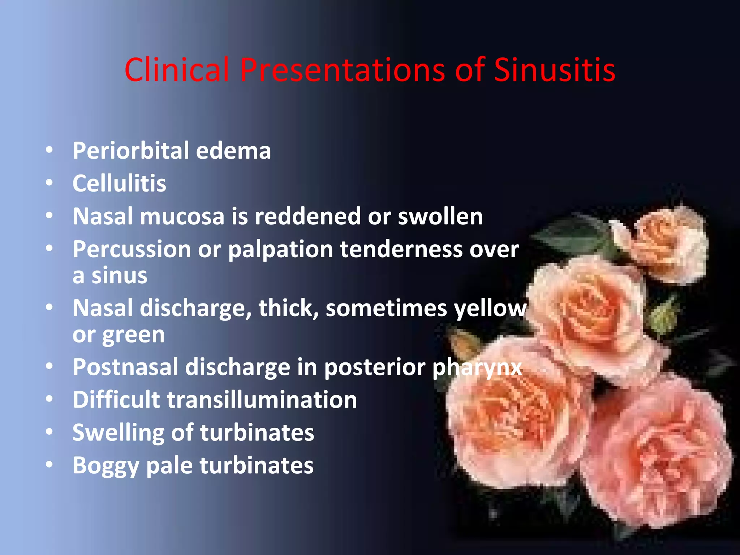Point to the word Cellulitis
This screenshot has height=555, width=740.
tap(119, 184)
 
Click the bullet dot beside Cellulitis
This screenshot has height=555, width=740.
tap(50, 183)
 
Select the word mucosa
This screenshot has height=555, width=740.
tap(182, 216)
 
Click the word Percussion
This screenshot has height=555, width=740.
tap(132, 249)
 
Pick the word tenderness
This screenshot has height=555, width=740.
tap(401, 249)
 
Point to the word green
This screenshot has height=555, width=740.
tap(133, 335)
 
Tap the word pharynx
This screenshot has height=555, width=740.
tap(477, 368)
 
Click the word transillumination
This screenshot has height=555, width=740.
tap(262, 400)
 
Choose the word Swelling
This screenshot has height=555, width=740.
tap(118, 433)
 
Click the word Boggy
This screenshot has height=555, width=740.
tap(106, 466)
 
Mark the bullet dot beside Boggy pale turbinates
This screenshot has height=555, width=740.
tap(50, 465)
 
